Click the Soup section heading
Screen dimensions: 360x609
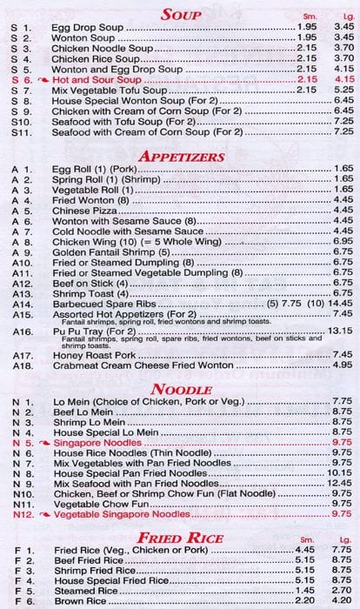181,15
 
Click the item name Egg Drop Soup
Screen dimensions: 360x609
86,28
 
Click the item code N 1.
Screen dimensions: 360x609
23,401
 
